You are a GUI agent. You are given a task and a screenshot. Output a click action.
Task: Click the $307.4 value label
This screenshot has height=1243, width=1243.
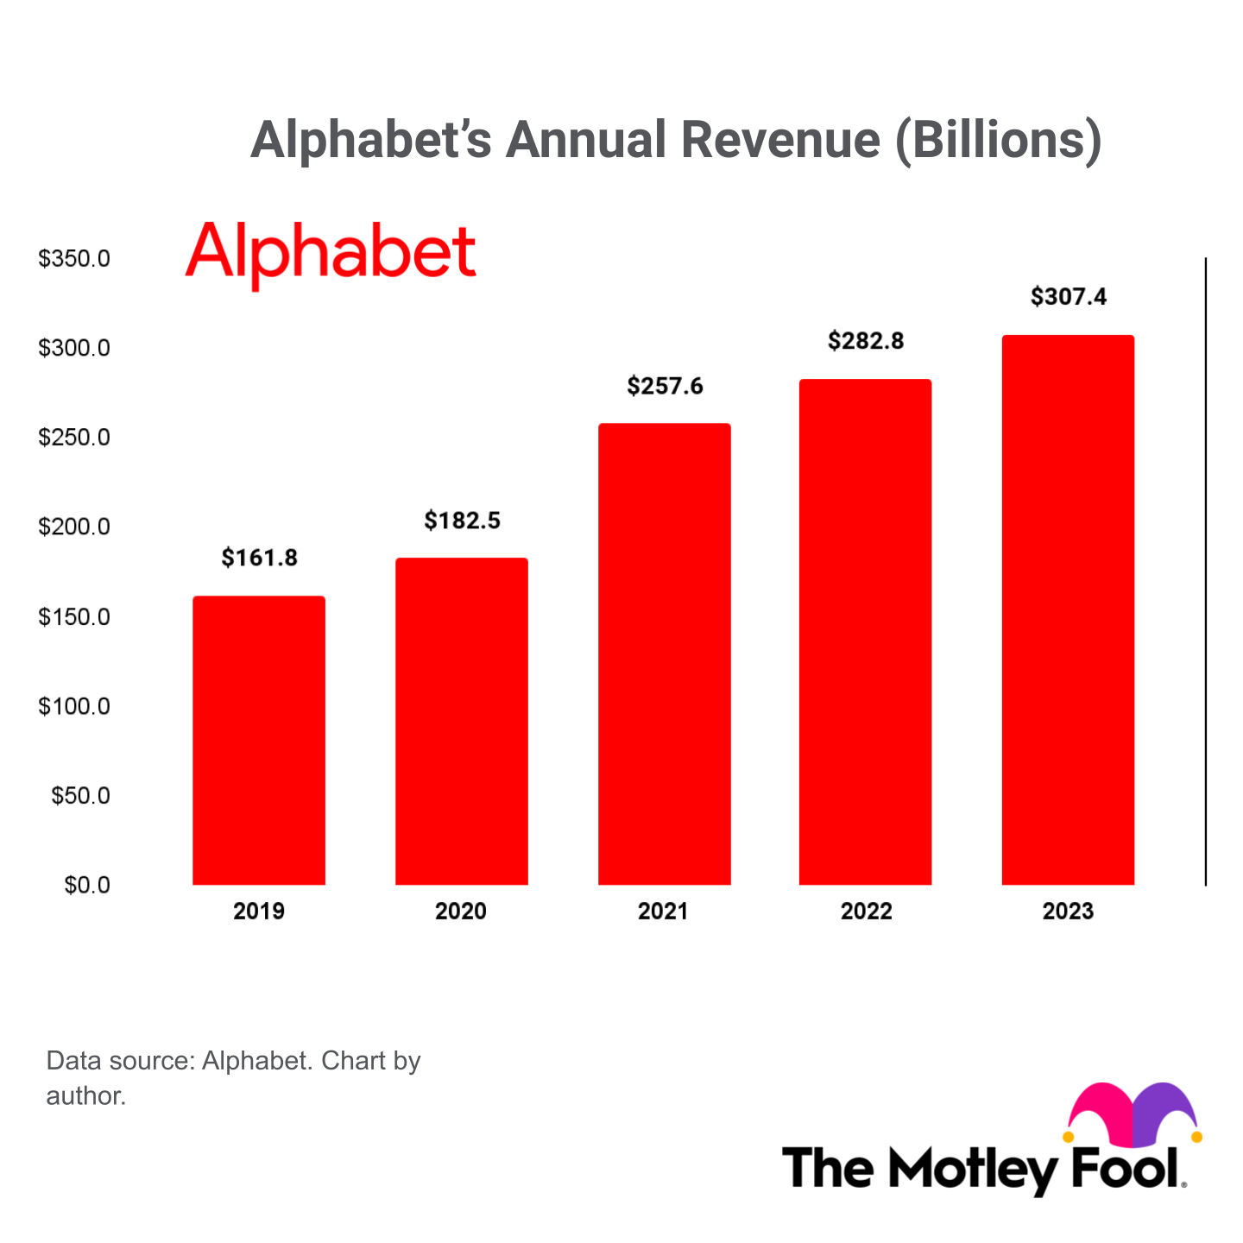click(1069, 297)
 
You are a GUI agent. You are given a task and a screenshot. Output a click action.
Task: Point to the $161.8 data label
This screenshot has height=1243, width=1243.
click(260, 558)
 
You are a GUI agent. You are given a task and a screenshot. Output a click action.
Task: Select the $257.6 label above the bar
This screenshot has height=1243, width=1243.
click(666, 386)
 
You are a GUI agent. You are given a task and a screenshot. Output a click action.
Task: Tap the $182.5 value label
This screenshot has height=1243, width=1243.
click(463, 521)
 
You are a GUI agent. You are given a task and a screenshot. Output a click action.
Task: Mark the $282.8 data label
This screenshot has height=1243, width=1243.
click(866, 341)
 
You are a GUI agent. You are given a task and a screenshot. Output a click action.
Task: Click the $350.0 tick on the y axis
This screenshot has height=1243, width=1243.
click(74, 258)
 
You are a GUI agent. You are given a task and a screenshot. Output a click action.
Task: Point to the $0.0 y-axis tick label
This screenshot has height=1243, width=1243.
click(87, 885)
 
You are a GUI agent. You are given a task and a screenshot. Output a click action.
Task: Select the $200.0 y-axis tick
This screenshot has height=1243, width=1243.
click(74, 527)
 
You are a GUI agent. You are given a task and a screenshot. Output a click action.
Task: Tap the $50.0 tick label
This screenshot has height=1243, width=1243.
click(80, 795)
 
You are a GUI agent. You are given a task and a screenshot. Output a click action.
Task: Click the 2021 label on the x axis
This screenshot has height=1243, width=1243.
click(663, 912)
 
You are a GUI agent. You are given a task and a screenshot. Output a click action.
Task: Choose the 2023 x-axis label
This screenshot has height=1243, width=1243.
click(1068, 912)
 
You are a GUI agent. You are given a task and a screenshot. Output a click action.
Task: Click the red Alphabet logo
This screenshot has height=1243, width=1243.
click(331, 253)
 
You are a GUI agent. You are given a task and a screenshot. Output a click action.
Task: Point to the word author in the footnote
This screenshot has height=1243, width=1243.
click(86, 1096)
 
